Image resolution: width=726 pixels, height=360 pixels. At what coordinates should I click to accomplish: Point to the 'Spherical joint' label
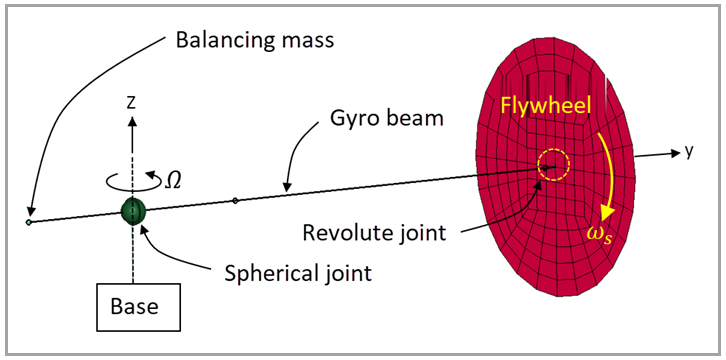(x=290, y=273)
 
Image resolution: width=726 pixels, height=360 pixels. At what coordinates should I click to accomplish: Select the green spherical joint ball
(x=133, y=211)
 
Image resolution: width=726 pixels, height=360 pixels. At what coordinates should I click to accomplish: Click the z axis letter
(x=131, y=100)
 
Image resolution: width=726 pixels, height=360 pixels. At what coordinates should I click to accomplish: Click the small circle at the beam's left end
(x=30, y=221)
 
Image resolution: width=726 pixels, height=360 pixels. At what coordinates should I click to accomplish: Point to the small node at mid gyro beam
(x=235, y=201)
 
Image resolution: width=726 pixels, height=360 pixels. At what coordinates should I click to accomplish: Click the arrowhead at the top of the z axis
(x=132, y=119)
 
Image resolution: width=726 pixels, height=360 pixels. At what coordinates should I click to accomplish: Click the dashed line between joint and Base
(x=133, y=255)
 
